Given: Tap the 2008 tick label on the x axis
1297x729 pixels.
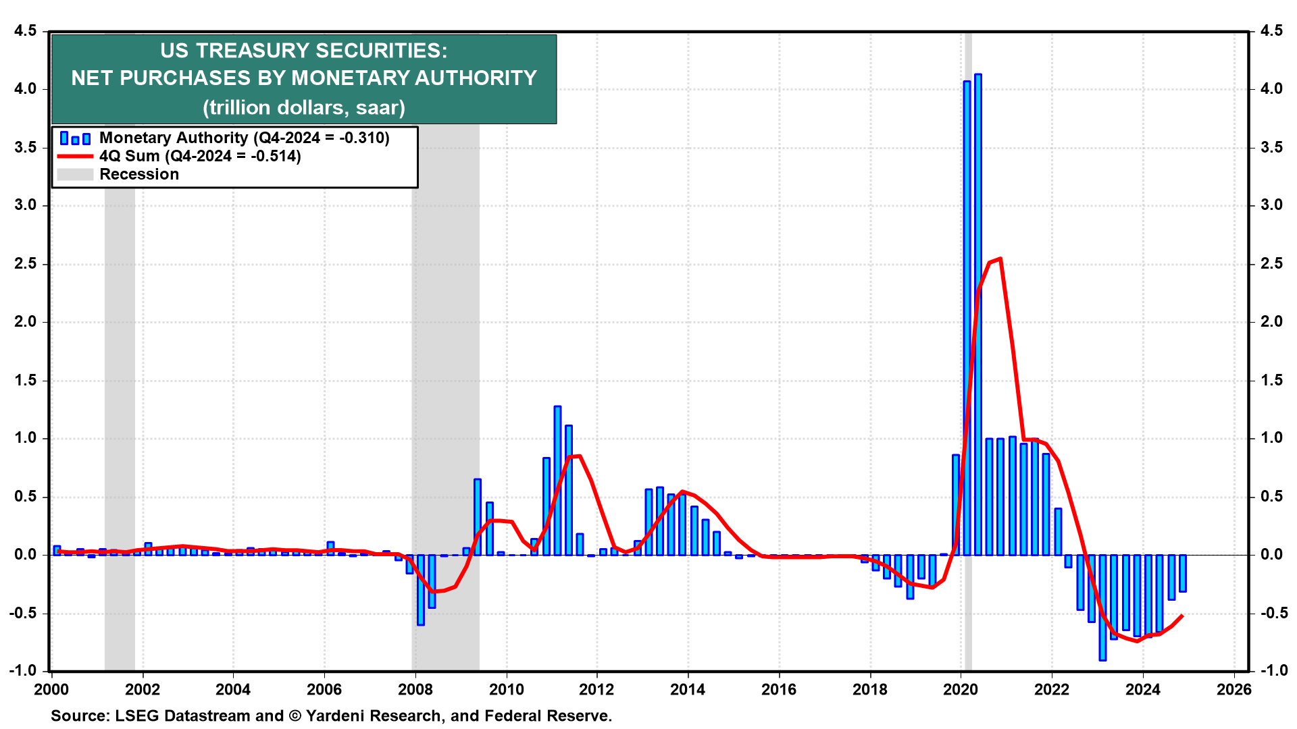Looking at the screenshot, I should pyautogui.click(x=415, y=689).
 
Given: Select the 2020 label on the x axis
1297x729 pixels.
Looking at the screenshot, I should pyautogui.click(x=961, y=689).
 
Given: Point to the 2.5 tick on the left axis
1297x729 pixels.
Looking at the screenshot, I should pyautogui.click(x=25, y=264).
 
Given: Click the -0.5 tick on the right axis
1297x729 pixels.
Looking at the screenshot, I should pyautogui.click(x=1270, y=614).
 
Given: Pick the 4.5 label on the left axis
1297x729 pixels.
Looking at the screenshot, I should pyautogui.click(x=25, y=31).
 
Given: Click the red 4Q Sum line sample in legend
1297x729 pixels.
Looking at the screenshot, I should pyautogui.click(x=74, y=156).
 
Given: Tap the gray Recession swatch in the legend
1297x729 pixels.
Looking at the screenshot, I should pyautogui.click(x=74, y=174).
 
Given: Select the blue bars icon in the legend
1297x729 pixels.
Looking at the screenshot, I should pyautogui.click(x=74, y=138).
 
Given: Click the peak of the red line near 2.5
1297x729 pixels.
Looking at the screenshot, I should pyautogui.click(x=999, y=259).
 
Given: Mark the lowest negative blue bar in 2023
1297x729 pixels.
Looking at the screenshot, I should pyautogui.click(x=1102, y=607).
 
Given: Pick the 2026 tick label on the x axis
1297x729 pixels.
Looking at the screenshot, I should pyautogui.click(x=1234, y=689).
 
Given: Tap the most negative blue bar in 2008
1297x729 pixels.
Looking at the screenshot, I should pyautogui.click(x=421, y=591).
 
